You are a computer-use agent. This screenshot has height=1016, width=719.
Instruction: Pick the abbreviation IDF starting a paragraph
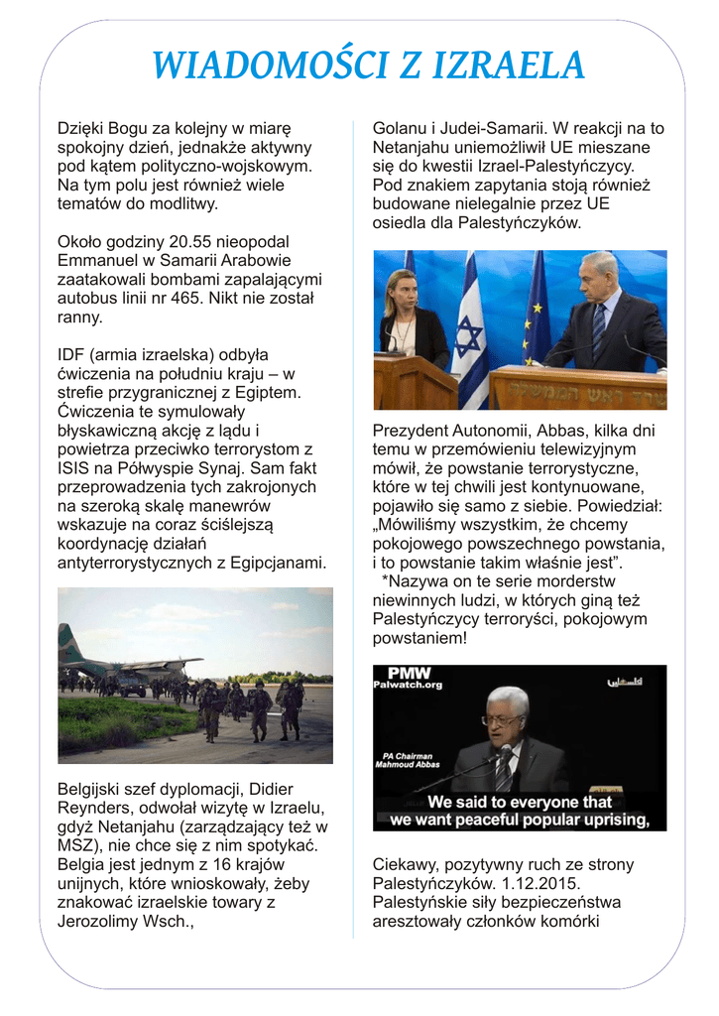pos(71,354)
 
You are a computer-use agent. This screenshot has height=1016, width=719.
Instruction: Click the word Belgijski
pos(93,789)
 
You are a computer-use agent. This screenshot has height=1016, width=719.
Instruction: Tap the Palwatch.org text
pos(408,685)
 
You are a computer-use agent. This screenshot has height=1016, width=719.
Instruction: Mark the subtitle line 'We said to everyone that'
pos(520,802)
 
